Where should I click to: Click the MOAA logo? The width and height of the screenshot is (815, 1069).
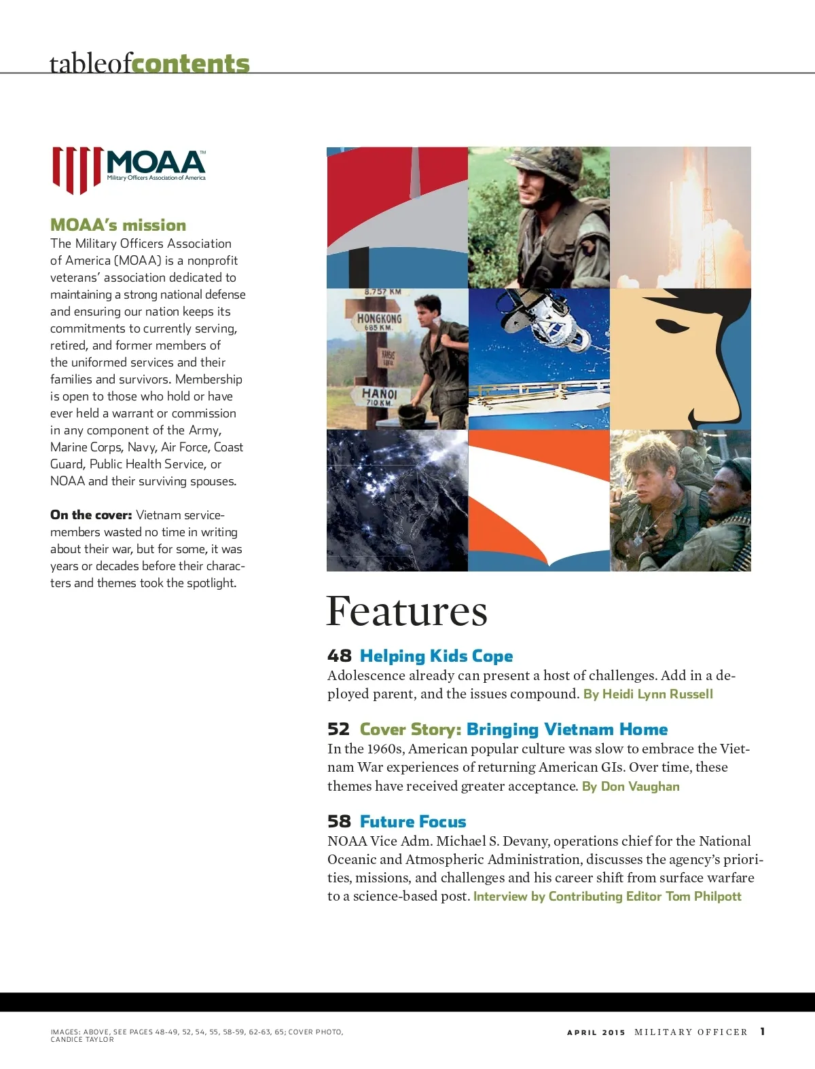[x=129, y=169]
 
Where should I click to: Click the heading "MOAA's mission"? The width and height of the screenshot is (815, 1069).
[x=118, y=225]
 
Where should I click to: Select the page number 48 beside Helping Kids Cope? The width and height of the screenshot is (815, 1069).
[x=339, y=656]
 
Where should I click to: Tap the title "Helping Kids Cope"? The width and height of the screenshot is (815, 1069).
[x=436, y=656]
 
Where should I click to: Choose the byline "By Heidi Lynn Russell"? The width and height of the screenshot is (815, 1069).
[x=648, y=694]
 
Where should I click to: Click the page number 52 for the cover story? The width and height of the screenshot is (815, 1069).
[x=338, y=729]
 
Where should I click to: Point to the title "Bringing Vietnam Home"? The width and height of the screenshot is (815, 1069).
[x=567, y=729]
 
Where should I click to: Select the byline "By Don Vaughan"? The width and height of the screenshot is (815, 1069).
[x=630, y=786]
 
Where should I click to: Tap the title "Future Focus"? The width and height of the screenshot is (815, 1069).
[x=413, y=821]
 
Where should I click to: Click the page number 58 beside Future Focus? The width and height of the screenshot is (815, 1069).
[x=339, y=821]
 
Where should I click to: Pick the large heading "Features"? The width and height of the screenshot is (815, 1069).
[x=406, y=611]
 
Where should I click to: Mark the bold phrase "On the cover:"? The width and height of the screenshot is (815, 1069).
[x=91, y=514]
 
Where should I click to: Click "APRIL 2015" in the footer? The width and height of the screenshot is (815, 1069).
[x=596, y=1032]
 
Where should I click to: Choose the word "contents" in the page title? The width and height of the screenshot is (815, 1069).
[x=191, y=63]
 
